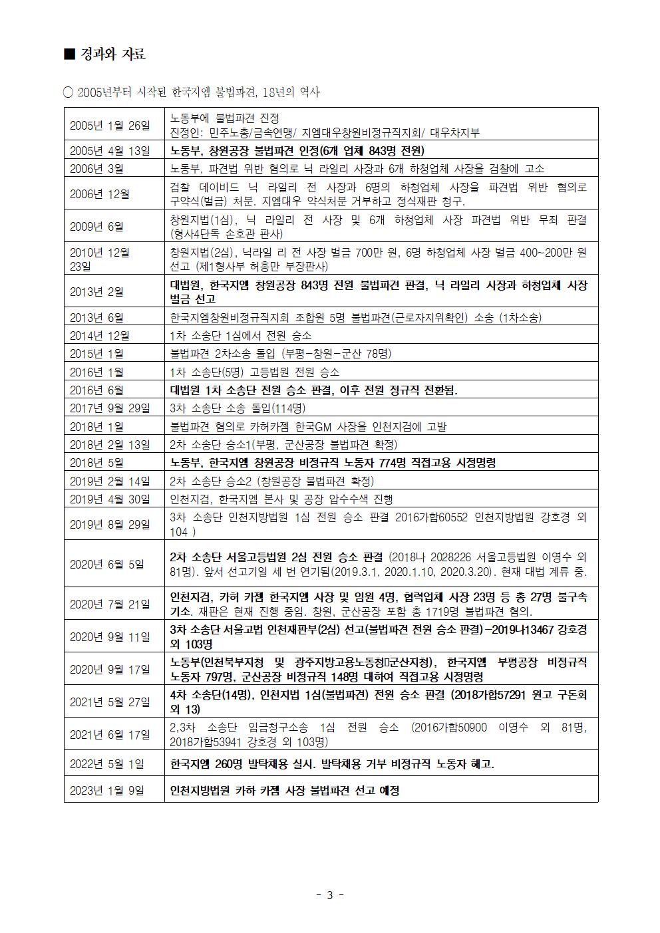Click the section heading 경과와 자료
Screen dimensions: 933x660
click(112, 55)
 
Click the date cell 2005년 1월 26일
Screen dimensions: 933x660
click(110, 126)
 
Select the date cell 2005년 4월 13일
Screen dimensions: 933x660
click(110, 150)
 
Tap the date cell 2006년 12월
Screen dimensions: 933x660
click(100, 194)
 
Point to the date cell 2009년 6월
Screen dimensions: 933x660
click(97, 226)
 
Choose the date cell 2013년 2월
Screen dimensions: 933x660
click(97, 291)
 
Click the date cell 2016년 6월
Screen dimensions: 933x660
click(97, 390)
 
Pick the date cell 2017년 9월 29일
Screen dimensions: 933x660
click(110, 408)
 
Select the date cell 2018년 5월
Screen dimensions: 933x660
click(97, 463)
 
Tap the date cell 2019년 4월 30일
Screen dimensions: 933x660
click(110, 499)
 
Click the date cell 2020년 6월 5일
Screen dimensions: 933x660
click(107, 564)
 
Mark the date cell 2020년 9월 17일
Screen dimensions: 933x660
click(110, 670)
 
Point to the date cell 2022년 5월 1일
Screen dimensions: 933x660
click(107, 764)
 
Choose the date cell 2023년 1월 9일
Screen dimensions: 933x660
click(107, 791)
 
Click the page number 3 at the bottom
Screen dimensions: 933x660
click(329, 894)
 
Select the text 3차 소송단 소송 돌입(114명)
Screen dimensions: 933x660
click(238, 408)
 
